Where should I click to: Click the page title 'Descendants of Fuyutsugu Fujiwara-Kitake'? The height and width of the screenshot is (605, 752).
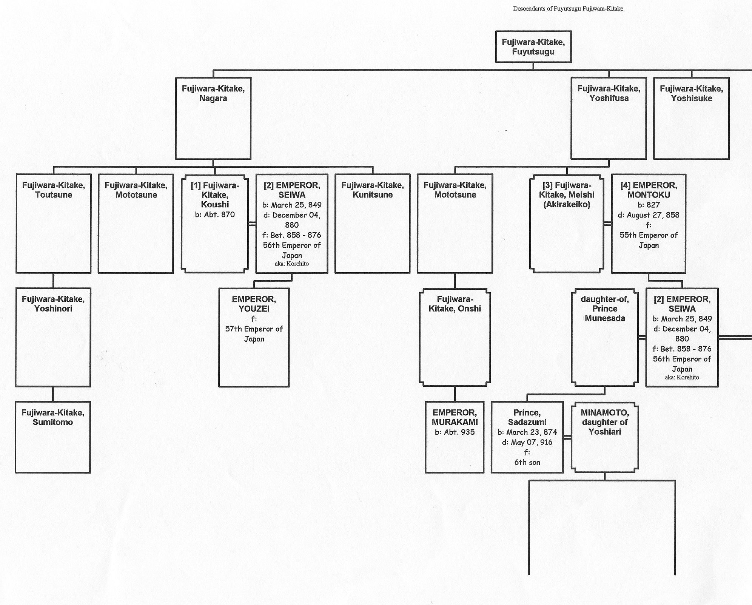(568, 9)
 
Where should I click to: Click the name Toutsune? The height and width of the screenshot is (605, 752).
(54, 195)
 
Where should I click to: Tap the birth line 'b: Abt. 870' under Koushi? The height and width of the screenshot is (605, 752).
(215, 215)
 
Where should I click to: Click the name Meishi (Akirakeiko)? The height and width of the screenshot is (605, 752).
(566, 199)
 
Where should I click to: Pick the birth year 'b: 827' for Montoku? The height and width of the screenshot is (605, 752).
(649, 205)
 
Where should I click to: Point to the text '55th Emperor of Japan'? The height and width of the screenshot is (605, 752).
(649, 240)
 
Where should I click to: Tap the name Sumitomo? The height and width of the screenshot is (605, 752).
(53, 422)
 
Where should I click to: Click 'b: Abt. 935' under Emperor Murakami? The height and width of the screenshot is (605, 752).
(455, 432)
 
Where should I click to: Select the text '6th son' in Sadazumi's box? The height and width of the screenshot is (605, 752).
(527, 462)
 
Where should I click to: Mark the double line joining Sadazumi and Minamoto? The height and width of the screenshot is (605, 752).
(567, 437)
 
